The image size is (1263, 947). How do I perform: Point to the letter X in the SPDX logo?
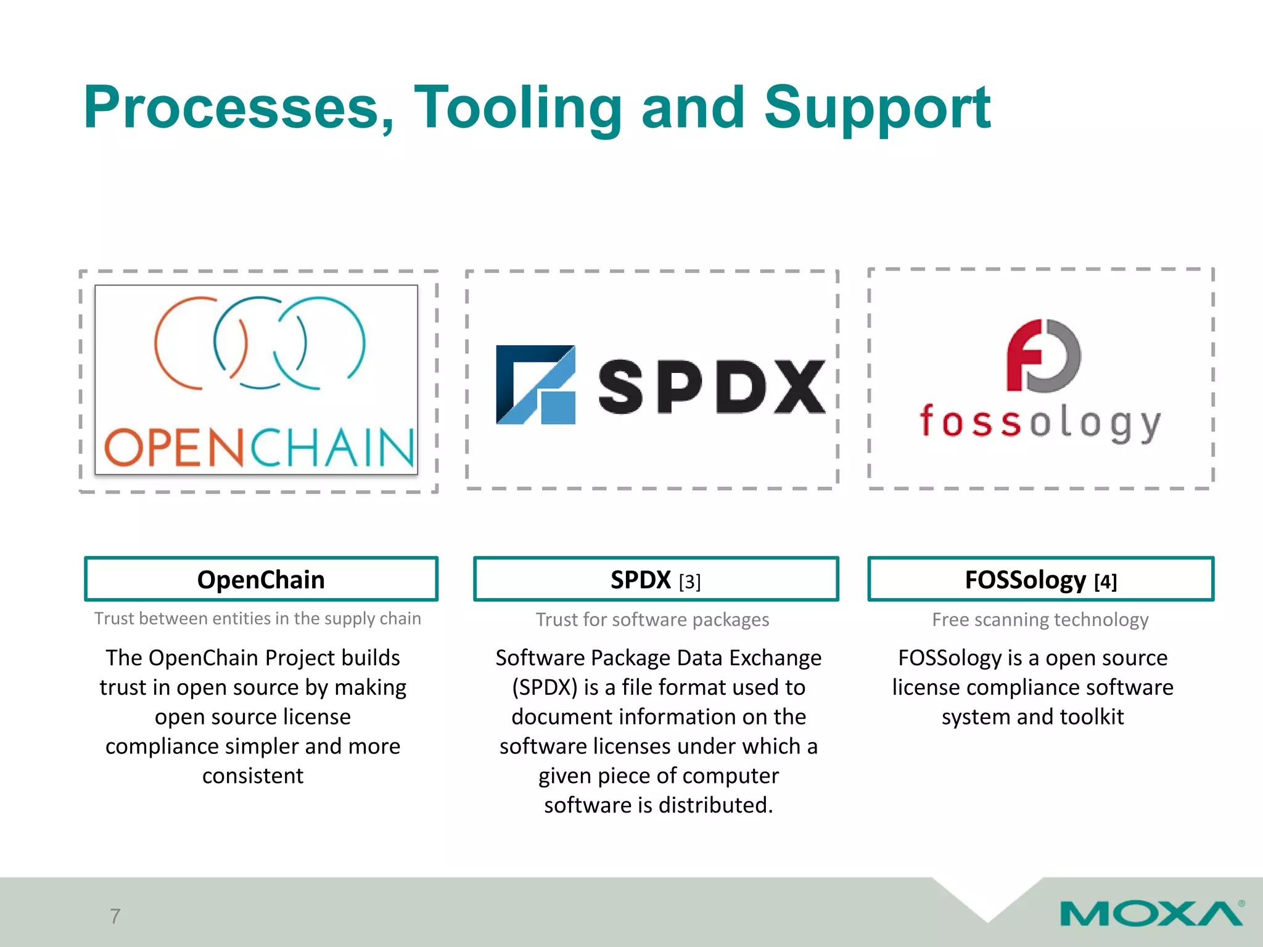click(799, 387)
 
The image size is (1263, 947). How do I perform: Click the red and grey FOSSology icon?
click(1043, 356)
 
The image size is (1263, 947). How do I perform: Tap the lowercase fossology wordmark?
click(1040, 422)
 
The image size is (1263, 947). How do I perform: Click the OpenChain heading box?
click(261, 579)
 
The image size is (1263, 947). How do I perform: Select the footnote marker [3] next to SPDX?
click(689, 581)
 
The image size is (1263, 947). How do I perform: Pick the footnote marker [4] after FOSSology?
click(1105, 581)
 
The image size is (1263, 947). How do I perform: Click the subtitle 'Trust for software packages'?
click(652, 619)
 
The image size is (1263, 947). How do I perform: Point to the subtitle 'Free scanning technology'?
click(1040, 619)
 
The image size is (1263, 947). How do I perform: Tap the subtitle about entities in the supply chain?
click(258, 618)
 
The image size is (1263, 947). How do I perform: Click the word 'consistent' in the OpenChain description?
click(253, 776)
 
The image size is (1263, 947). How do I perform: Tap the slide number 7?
click(115, 916)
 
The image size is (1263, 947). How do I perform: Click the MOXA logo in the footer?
click(1151, 913)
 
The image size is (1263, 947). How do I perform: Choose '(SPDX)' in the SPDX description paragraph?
click(545, 687)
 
